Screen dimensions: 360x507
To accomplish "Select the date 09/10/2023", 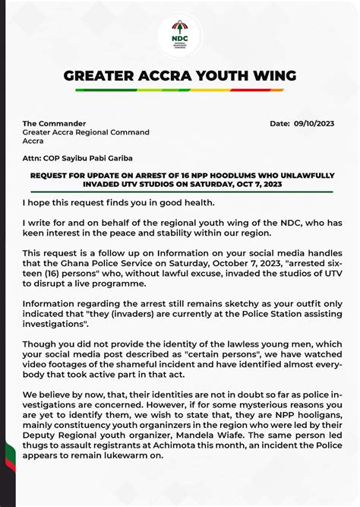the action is pos(314,123).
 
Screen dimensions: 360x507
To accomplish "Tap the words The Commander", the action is pos(54,123).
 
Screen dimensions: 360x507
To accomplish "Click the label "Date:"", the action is pos(280,123).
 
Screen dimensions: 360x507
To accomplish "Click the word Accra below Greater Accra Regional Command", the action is pos(33,141).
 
